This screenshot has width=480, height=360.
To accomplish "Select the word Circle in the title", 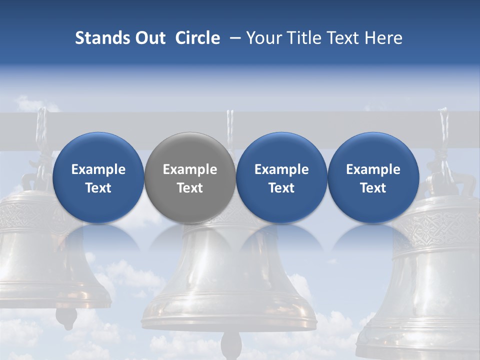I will (x=197, y=38).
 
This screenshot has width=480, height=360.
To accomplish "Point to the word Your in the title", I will (x=263, y=38).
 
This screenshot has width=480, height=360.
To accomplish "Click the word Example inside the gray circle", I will (x=190, y=169).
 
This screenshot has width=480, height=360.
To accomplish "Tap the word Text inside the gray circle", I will (x=190, y=188).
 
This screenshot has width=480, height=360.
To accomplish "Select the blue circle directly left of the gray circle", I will (x=98, y=177).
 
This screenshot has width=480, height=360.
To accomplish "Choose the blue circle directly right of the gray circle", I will (x=281, y=177).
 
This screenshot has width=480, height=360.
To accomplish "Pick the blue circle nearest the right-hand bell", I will (x=373, y=177).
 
